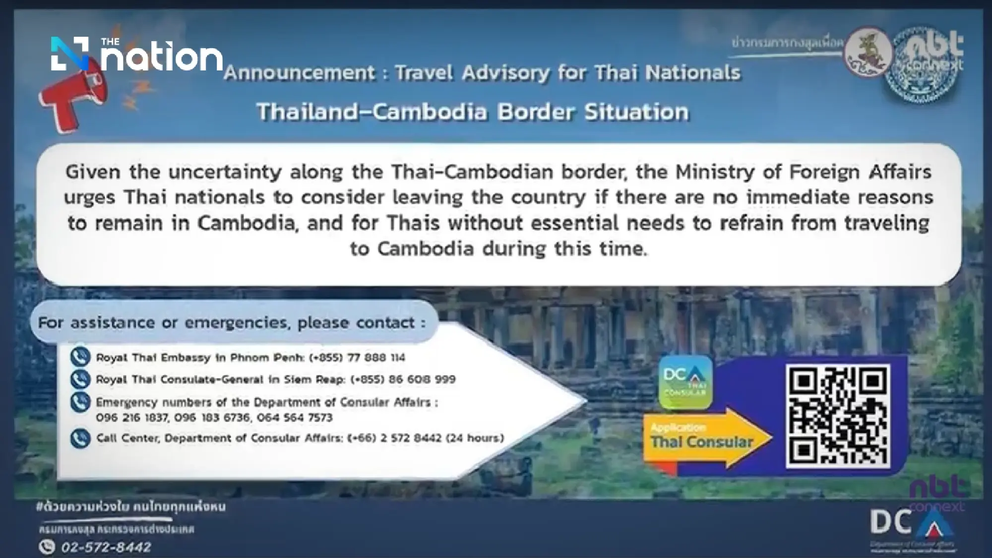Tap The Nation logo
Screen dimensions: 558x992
point(137,55)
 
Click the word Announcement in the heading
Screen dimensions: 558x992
point(300,73)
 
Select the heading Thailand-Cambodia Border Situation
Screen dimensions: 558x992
point(473,112)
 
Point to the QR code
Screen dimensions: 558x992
point(837,416)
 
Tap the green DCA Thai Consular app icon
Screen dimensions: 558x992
point(685,381)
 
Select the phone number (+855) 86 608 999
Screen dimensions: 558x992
point(403,379)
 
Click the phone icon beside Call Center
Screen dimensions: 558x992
point(80,438)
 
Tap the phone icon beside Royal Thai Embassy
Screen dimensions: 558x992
point(80,357)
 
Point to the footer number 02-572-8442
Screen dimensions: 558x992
point(106,547)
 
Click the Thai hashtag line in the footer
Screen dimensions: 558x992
point(131,507)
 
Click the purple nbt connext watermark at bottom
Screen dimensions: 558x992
point(937,494)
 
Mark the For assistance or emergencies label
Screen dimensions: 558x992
point(232,323)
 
